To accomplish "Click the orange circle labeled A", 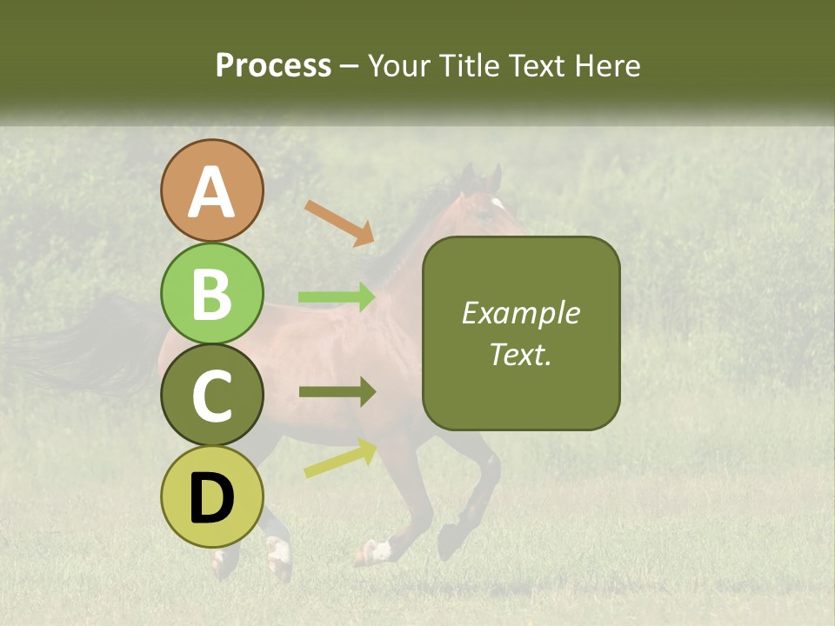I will (211, 190).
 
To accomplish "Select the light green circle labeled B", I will (211, 293).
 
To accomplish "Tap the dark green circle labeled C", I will (211, 396).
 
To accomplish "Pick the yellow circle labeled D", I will (211, 497).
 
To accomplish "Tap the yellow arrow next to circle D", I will (340, 458).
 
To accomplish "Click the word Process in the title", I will (273, 66).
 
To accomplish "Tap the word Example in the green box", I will (520, 313).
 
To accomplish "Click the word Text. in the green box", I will (520, 354).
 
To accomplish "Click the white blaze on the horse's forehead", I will (498, 203).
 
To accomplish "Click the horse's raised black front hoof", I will (449, 543).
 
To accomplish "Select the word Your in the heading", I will (398, 66).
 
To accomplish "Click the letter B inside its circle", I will (211, 293).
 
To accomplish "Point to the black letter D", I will (211, 498).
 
